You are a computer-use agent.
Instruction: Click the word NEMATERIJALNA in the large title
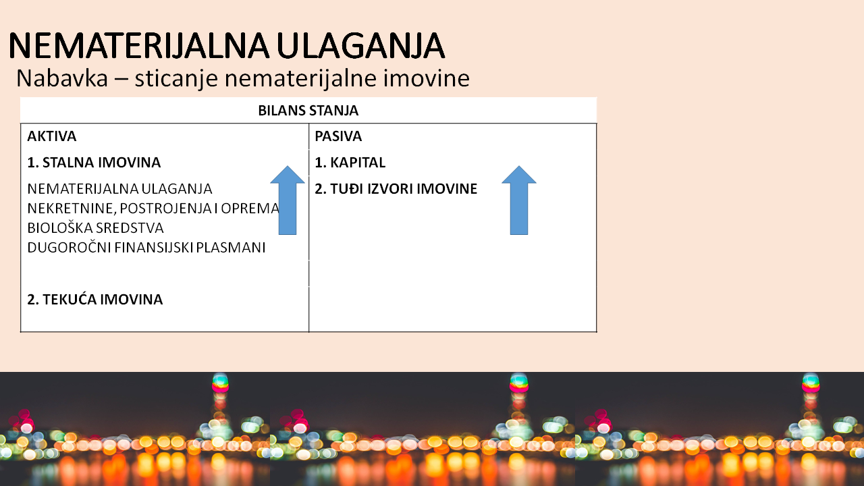coord(138,46)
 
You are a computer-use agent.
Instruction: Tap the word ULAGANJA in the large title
coord(360,46)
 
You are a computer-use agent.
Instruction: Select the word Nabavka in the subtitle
coord(62,78)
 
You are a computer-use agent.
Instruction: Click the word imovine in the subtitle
coord(426,78)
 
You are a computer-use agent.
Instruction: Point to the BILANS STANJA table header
coord(308,111)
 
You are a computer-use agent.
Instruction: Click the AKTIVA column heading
coord(52,136)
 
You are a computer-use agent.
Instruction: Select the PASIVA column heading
coord(338,136)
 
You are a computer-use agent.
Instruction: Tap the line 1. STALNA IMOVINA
coord(94,163)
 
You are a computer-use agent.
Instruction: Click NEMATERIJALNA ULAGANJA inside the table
coord(119,188)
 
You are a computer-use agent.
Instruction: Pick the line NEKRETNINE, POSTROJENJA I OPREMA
coord(153,209)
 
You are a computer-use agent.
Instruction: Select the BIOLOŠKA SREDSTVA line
coord(95,227)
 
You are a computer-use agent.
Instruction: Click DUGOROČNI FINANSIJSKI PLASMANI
coord(146,247)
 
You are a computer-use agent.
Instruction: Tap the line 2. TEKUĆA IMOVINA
coord(95,299)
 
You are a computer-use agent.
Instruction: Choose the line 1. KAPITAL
coord(350,163)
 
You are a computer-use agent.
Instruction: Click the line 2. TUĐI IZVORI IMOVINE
coord(396,188)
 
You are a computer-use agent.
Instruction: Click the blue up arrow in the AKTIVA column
coord(288,200)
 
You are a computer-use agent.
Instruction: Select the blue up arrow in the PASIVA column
coord(519,200)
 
